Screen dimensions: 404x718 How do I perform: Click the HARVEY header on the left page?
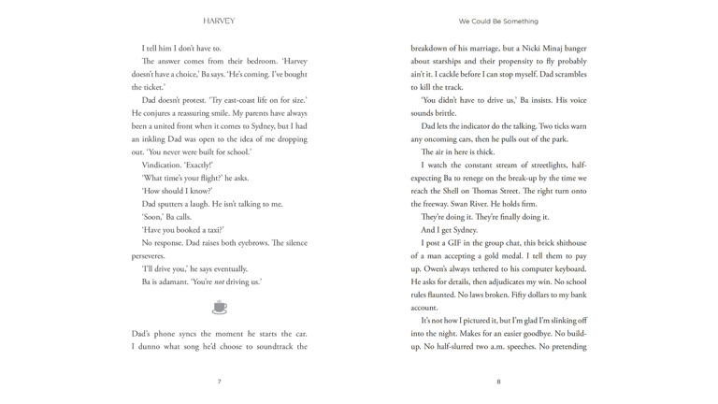[x=218, y=21]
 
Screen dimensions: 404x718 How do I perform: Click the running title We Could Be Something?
[x=498, y=21]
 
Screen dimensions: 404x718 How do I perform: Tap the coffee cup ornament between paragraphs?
[x=219, y=306]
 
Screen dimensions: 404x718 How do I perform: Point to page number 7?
[x=219, y=382]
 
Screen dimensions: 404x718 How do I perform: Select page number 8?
[x=499, y=382]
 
